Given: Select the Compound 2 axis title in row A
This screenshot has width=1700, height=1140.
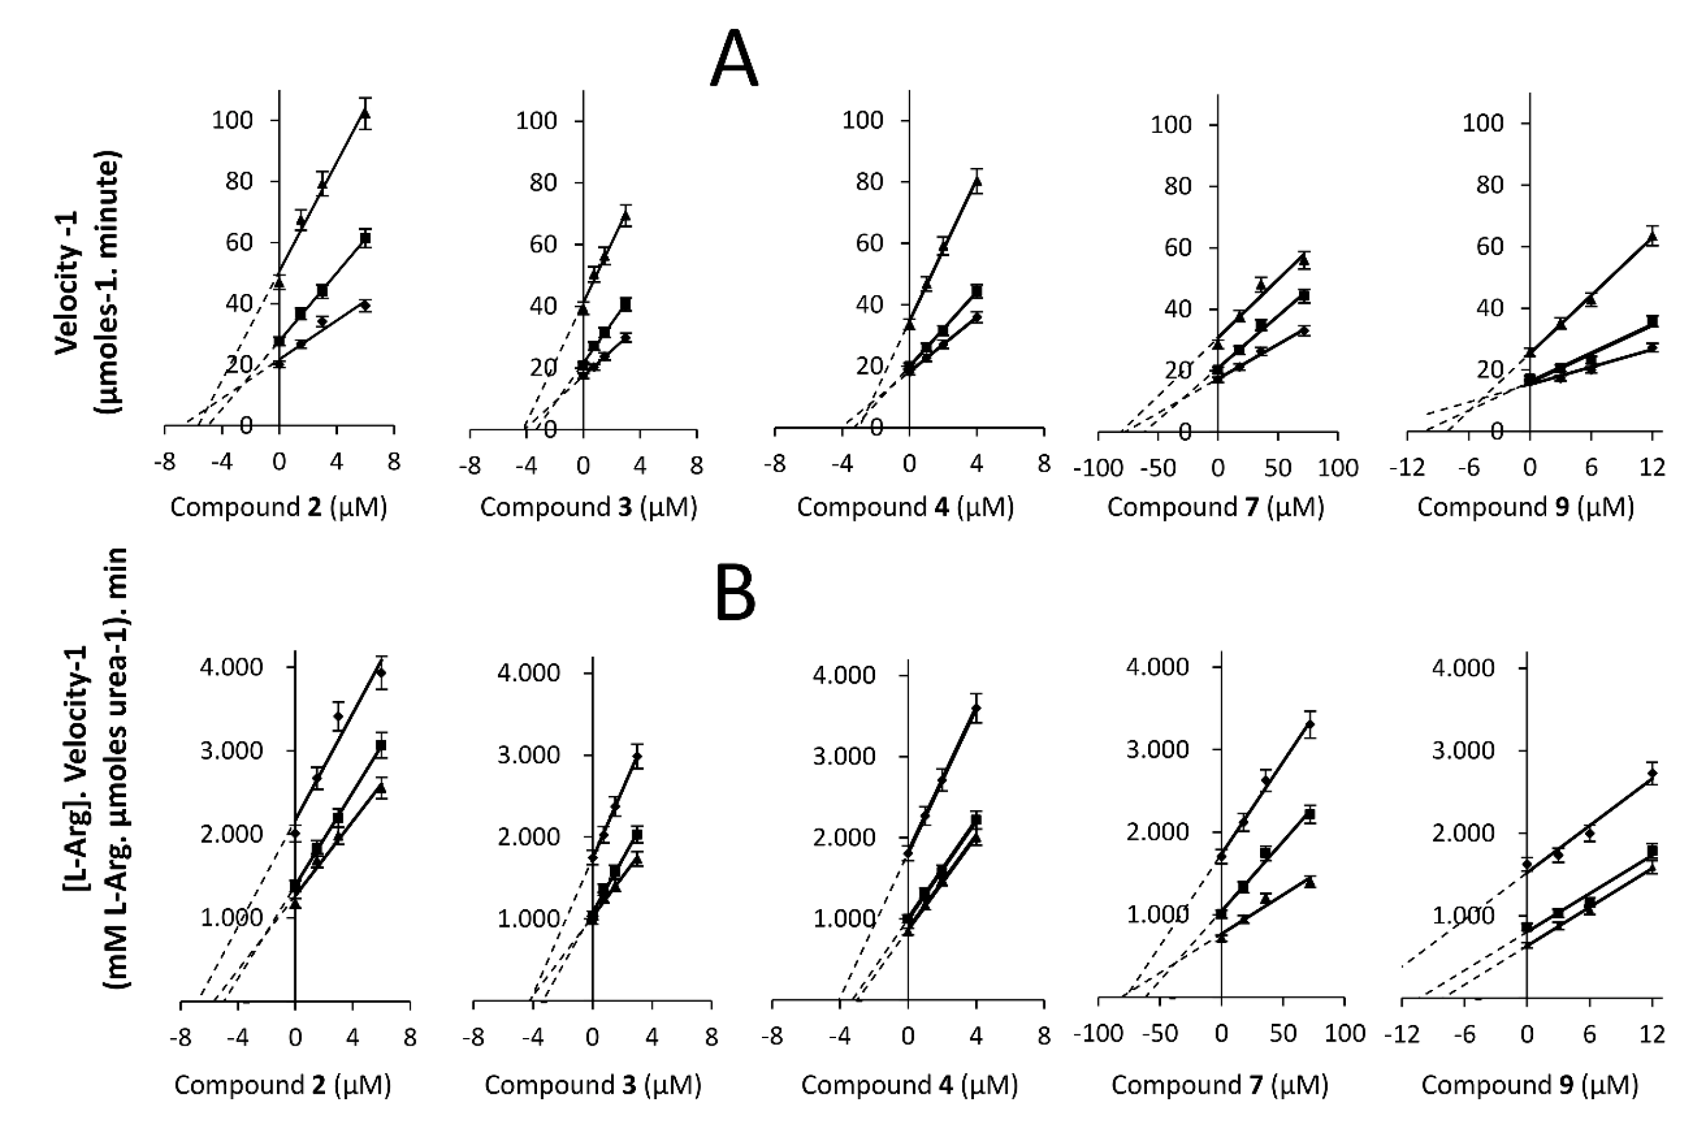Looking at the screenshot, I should pos(279,508).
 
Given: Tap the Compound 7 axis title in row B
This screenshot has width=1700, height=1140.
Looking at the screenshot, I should pos(1220,1085).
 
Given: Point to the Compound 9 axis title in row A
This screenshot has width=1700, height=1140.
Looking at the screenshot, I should pos(1525,508).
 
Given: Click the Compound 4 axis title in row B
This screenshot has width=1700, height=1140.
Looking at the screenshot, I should pos(909,1085).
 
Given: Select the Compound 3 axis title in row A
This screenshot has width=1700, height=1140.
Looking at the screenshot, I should pos(588,508).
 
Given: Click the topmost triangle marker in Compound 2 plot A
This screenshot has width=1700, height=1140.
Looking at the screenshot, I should pos(365,114).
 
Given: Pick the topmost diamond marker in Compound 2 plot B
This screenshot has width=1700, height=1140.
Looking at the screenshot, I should pos(381,673).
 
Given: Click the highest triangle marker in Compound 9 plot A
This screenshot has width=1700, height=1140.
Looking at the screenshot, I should pos(1652,237).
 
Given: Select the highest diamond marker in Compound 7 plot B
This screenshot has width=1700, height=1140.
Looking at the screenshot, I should pos(1310,724).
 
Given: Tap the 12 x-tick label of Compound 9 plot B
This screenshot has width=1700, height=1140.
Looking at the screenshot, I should pos(1652,1034).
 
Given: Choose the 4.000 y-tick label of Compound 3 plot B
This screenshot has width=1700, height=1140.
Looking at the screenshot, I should pos(528,673).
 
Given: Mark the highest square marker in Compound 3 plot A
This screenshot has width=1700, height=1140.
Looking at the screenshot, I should pos(625,304).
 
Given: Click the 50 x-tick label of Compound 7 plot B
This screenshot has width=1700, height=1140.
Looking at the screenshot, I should pos(1283,1034).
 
